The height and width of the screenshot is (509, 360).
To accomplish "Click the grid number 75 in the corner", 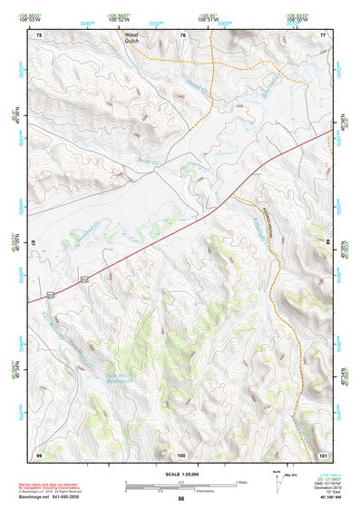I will point(39,34).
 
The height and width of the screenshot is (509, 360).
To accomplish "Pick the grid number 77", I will point(322,34).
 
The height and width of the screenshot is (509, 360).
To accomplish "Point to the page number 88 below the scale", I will point(180,499).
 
